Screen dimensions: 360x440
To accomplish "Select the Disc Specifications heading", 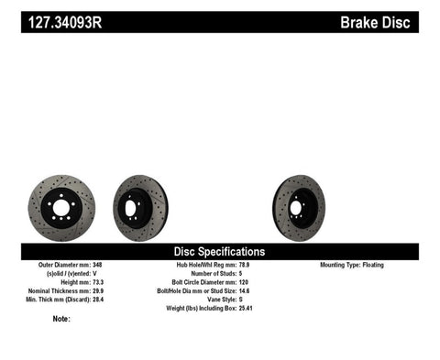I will pyautogui.click(x=220, y=251).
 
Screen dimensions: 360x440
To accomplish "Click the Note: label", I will pyautogui.click(x=61, y=319).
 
